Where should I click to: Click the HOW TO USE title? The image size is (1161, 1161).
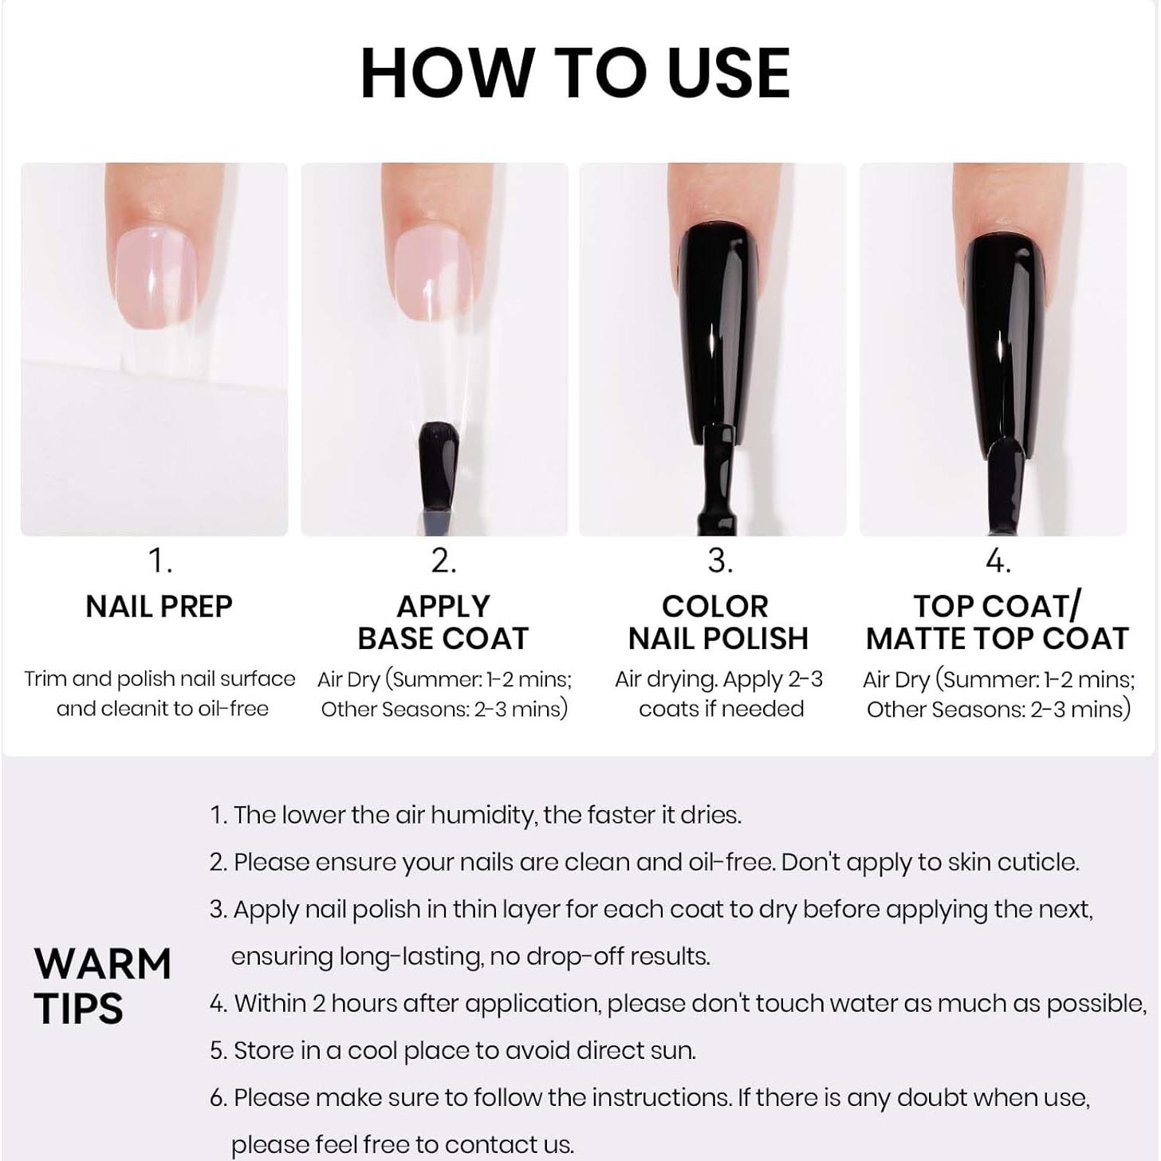point(575,73)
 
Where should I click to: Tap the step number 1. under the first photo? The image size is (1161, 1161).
point(160,561)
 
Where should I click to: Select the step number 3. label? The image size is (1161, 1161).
point(719,561)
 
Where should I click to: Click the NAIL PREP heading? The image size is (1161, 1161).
point(159,607)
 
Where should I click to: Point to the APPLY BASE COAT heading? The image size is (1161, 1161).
point(443,623)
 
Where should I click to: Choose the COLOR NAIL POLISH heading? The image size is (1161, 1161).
point(718,623)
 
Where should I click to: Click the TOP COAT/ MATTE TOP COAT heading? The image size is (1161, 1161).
point(997,623)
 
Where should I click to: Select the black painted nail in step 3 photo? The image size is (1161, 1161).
point(717,319)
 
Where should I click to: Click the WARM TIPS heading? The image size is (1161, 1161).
point(102,986)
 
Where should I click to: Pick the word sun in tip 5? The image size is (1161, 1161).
point(676,1050)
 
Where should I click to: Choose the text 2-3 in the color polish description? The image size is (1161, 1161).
point(805,679)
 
